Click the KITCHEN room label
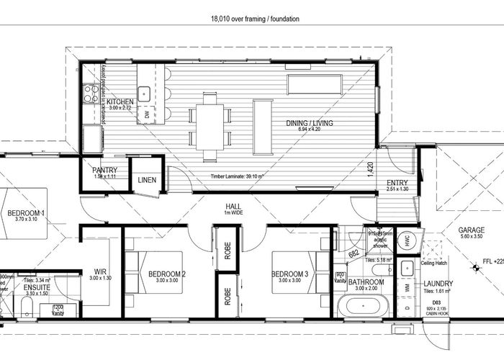click(120, 102)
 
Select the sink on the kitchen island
click(145, 92)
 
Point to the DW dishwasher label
click(148, 114)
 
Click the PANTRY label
click(105, 170)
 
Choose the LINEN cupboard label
click(147, 180)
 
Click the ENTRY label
click(397, 183)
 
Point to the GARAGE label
click(472, 230)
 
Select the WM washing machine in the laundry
click(408, 287)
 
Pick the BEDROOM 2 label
click(167, 274)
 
